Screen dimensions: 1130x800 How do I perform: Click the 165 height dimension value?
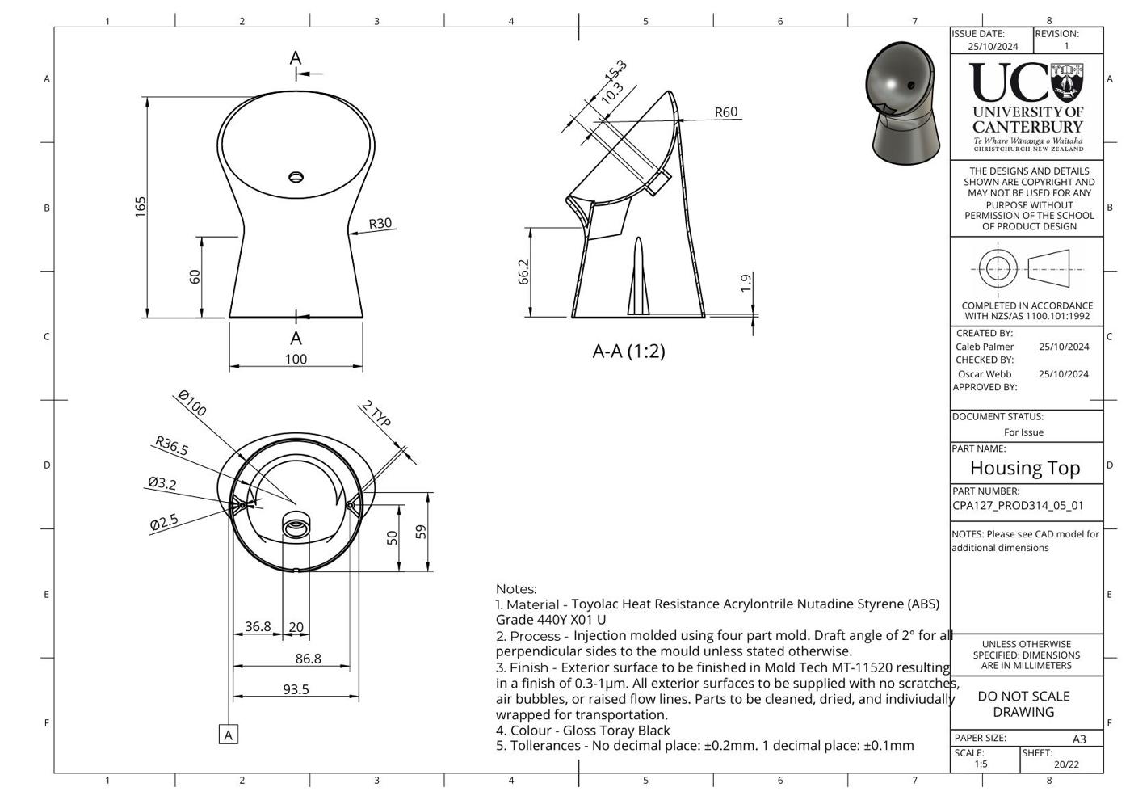click(141, 207)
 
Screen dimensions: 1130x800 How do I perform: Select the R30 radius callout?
click(380, 223)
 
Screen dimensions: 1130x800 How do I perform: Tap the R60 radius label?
click(726, 112)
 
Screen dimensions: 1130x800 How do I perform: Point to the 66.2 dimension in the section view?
click(523, 272)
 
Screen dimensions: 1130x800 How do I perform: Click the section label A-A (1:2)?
click(628, 351)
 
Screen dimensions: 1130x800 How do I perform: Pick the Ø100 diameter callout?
click(192, 403)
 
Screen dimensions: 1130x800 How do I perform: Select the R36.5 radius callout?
click(171, 446)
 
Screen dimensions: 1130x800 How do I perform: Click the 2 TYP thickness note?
click(376, 414)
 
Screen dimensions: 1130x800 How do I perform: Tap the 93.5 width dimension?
click(296, 689)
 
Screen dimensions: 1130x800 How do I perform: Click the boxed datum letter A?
click(229, 735)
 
